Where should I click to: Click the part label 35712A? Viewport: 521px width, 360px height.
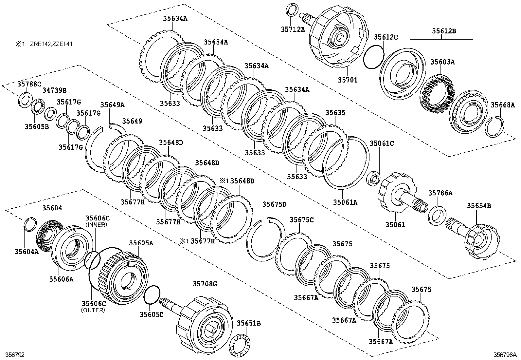click(293, 29)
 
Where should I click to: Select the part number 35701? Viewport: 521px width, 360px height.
click(348, 80)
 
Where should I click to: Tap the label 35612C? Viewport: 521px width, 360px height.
click(386, 37)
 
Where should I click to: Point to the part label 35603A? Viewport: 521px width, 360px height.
click(442, 62)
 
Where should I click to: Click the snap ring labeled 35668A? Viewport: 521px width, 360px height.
click(495, 126)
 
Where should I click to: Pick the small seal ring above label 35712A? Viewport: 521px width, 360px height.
click(292, 9)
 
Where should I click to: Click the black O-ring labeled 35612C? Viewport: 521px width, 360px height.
click(374, 57)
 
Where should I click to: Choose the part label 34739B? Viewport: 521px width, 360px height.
click(54, 90)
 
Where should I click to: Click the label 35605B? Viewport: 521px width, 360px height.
click(37, 127)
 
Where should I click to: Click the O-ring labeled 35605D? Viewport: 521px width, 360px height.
click(152, 294)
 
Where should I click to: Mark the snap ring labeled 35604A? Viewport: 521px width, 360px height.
click(30, 224)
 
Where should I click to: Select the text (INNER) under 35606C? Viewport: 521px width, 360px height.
click(96, 225)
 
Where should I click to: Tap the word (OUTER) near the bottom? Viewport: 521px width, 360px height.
click(93, 310)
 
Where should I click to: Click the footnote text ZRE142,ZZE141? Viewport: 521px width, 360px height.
click(51, 44)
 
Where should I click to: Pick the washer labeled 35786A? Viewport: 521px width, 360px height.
click(437, 216)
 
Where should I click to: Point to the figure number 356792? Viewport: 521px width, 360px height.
click(15, 355)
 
